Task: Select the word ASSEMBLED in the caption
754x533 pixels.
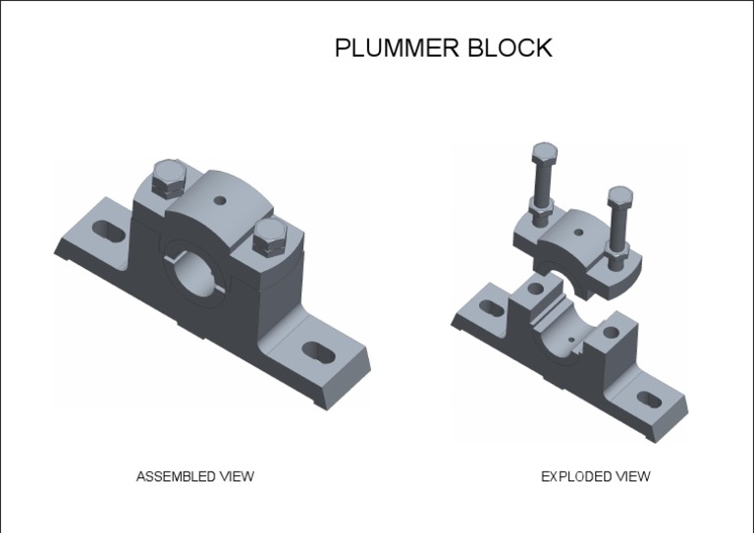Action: pos(175,476)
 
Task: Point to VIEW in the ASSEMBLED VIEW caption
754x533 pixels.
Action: pos(236,476)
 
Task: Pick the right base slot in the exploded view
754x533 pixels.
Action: pos(648,399)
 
